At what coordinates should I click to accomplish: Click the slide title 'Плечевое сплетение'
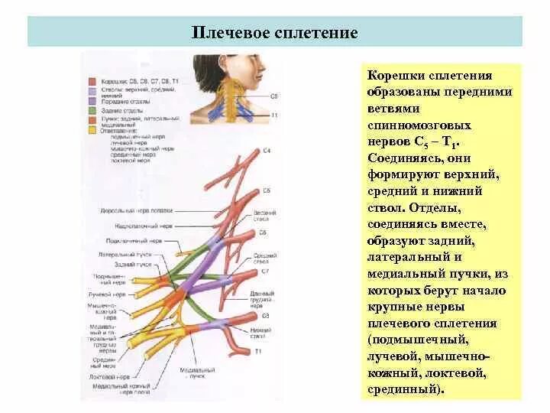click(x=274, y=33)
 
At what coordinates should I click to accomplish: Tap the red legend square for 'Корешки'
click(x=91, y=80)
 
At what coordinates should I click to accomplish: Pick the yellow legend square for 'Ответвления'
click(x=91, y=131)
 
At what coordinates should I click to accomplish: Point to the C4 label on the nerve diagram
click(x=266, y=151)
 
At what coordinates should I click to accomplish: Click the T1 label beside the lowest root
click(x=259, y=350)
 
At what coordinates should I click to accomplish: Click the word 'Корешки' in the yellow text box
click(x=392, y=76)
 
